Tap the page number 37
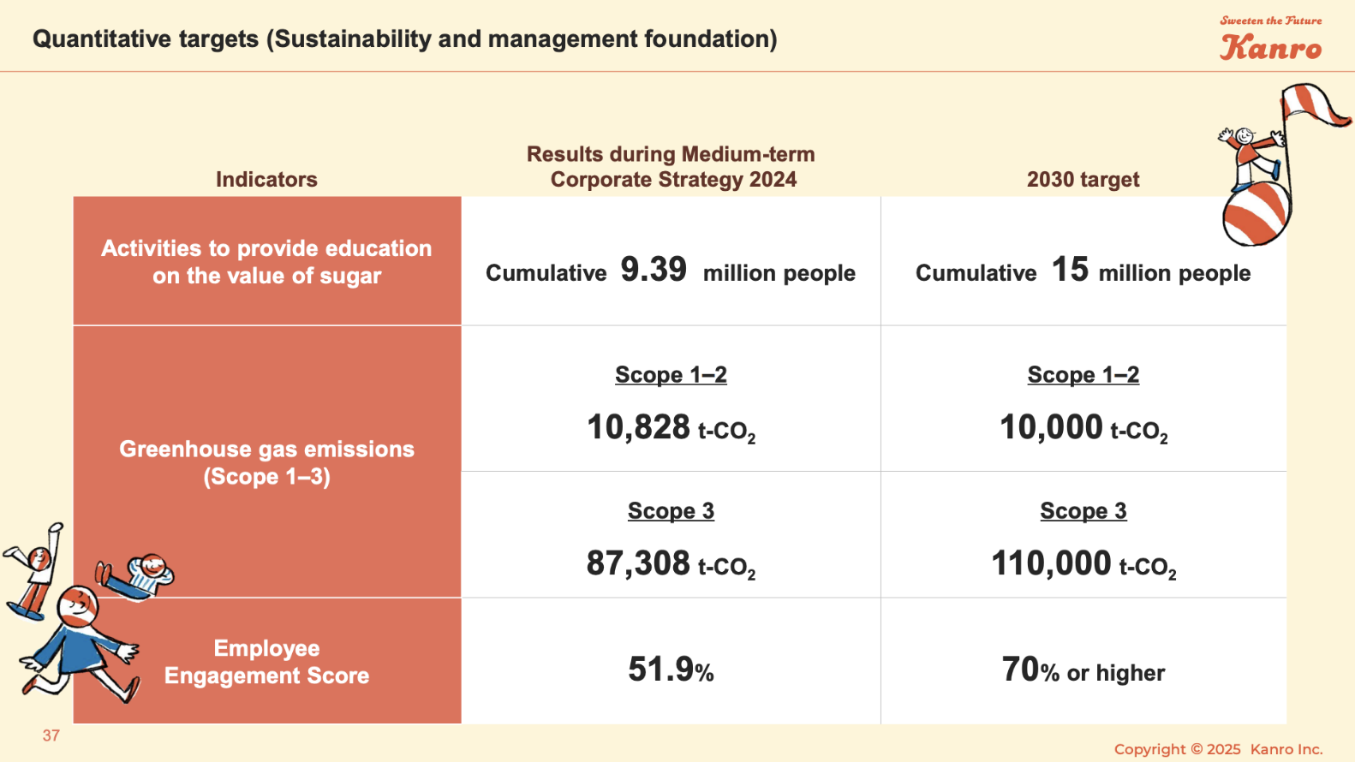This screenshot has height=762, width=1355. tap(51, 735)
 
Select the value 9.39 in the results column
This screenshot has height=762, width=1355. tap(654, 270)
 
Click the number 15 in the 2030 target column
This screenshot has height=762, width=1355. tap(1070, 270)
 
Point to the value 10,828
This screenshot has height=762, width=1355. tap(638, 426)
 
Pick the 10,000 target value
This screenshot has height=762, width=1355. tap(1051, 426)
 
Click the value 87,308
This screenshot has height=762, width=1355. tap(638, 563)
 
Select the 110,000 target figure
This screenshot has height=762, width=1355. tap(1051, 563)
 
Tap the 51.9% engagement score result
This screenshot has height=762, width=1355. tap(671, 670)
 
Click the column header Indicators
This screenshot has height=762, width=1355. tap(266, 179)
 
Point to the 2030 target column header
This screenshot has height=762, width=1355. tap(1083, 179)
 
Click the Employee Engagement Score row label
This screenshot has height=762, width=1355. tap(266, 662)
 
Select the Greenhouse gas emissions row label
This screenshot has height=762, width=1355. tap(266, 462)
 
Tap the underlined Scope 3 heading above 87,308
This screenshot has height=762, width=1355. tap(671, 511)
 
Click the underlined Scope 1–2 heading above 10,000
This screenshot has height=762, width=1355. tap(1083, 375)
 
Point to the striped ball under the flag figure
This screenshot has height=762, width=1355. tap(1256, 213)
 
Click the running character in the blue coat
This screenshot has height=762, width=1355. tap(80, 642)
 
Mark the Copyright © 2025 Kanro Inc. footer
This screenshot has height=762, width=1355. tap(1218, 749)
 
